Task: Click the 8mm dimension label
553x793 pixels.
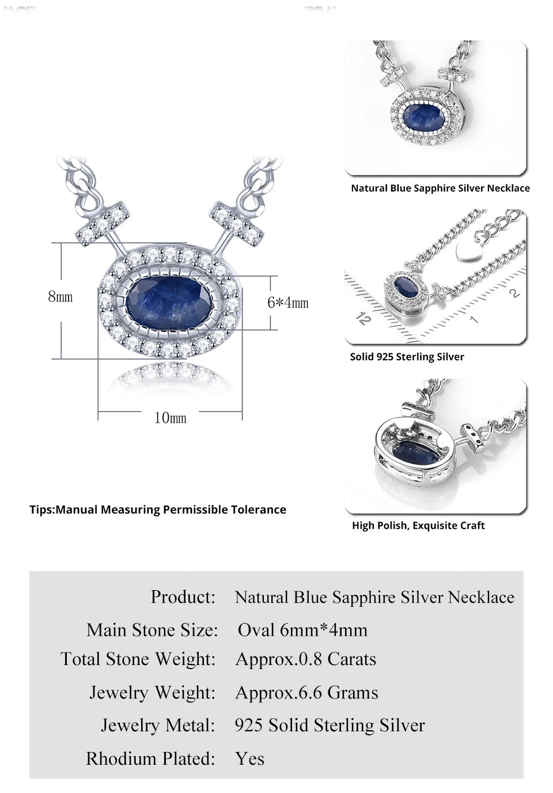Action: (60, 297)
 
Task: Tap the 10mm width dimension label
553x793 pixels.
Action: (170, 418)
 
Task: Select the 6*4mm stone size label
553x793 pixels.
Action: (287, 303)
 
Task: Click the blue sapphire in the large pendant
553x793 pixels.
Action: (169, 301)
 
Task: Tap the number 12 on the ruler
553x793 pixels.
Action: (363, 319)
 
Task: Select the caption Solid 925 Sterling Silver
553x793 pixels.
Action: (407, 357)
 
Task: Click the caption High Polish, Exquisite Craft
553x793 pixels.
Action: (418, 526)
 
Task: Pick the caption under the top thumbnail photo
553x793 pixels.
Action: (440, 188)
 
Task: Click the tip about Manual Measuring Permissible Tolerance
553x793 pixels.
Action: (158, 509)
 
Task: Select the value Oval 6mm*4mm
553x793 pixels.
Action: (302, 629)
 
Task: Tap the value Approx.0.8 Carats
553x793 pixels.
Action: (306, 659)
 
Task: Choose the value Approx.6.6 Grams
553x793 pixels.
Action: (307, 692)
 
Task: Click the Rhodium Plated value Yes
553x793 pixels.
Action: (250, 758)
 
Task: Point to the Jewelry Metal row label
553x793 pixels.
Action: (158, 725)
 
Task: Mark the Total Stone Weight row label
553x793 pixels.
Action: (138, 659)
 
